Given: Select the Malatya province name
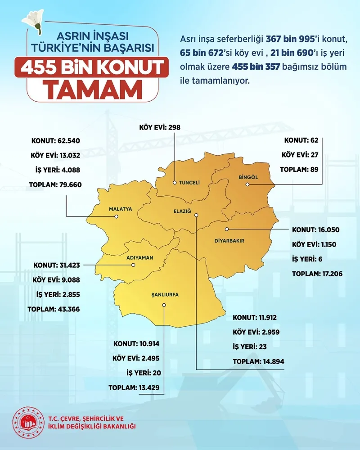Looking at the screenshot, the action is click(120, 209).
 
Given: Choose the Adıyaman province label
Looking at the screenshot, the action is click(140, 258).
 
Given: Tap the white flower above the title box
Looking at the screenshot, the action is click(35, 21).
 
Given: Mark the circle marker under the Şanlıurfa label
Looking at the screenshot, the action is click(164, 305).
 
